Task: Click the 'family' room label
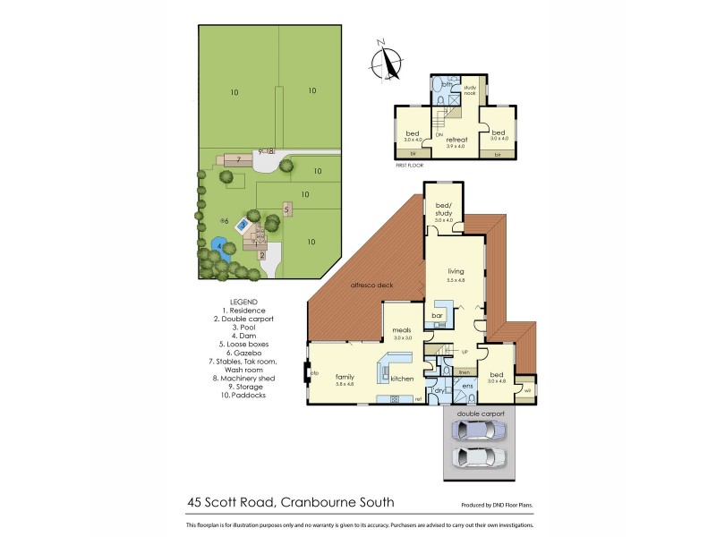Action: pos(345,377)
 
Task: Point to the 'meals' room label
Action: pos(400,331)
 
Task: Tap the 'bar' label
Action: pos(439,316)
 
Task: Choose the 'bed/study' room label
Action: pos(445,211)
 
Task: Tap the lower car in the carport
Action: pos(481,458)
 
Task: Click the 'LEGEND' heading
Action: pos(243,302)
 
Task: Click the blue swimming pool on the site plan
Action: pos(243,228)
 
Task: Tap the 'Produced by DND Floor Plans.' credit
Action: pos(500,504)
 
